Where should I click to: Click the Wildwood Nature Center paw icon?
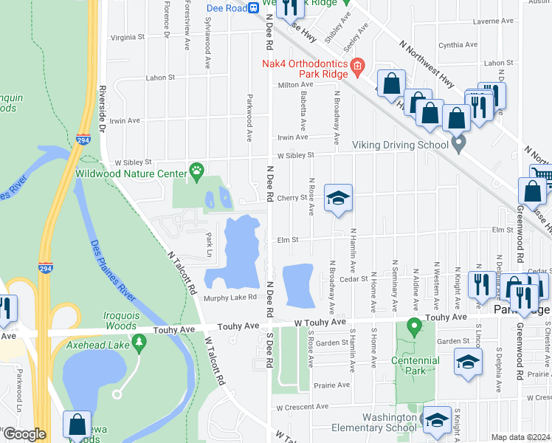tap(196, 171)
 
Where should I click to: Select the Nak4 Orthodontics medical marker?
tap(357, 69)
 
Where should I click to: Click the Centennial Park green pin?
tap(415, 325)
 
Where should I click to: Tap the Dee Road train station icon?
tap(252, 7)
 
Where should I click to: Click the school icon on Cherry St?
tap(339, 198)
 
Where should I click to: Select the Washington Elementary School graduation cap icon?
tap(437, 419)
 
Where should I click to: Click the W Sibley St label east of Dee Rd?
tap(295, 155)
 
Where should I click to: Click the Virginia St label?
tap(127, 37)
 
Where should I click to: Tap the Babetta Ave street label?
tap(303, 110)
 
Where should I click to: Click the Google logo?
tap(24, 434)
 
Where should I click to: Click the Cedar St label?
tap(353, 278)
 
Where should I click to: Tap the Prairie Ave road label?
tap(332, 385)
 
